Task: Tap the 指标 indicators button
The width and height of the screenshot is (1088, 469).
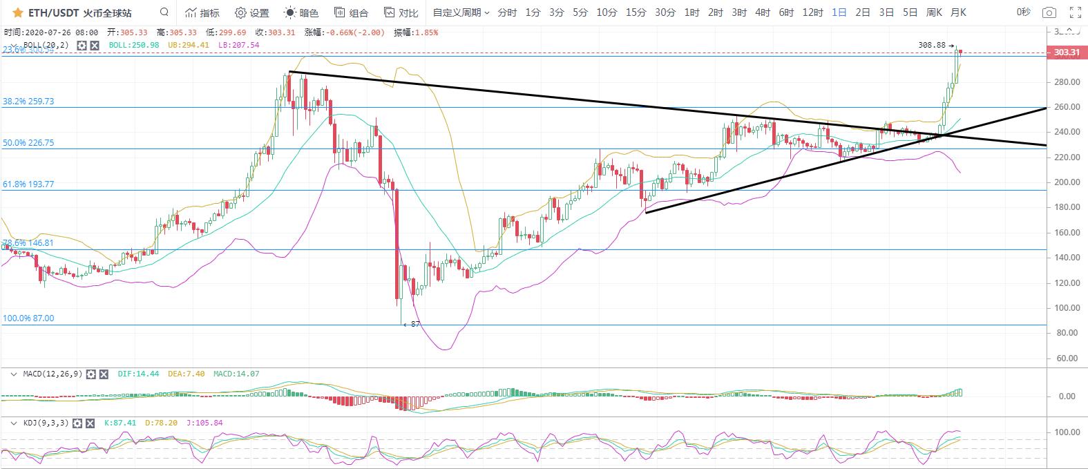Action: [x=202, y=12]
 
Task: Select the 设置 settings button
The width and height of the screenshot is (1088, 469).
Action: [x=252, y=12]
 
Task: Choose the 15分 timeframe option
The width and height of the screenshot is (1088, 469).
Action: [x=636, y=12]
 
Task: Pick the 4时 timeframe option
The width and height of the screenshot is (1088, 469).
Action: [x=763, y=12]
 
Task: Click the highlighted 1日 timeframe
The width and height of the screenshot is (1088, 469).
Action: [x=839, y=12]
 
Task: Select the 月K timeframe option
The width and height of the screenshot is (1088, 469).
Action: [x=958, y=12]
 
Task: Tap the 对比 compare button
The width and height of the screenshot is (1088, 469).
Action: [x=401, y=12]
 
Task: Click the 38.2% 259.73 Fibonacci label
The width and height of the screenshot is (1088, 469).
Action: [x=28, y=101]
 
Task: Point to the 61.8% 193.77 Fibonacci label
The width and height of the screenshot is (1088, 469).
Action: [x=28, y=184]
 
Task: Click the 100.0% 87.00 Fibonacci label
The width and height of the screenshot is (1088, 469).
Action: [x=28, y=318]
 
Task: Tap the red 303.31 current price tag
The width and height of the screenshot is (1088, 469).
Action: [x=1067, y=52]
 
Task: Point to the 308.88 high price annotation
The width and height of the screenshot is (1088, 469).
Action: [x=932, y=45]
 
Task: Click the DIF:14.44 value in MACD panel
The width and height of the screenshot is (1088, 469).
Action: [x=138, y=374]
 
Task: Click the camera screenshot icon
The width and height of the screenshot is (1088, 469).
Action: [x=1049, y=12]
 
